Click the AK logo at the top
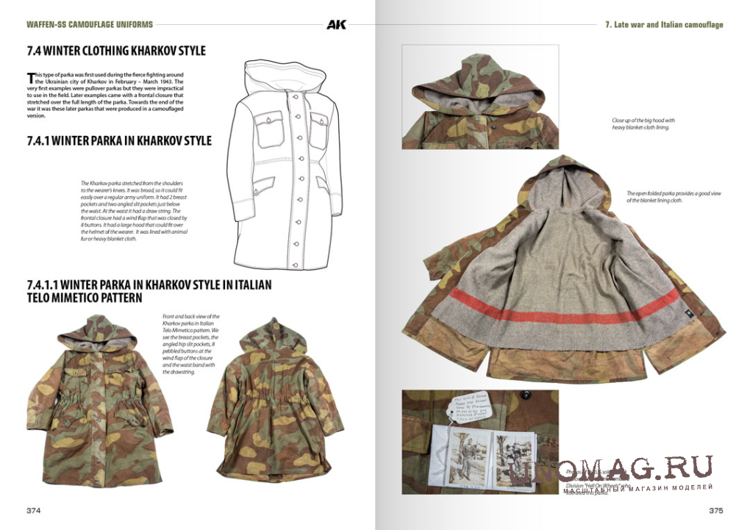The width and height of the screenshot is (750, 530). (x=336, y=24)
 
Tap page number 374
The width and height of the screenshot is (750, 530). (x=34, y=510)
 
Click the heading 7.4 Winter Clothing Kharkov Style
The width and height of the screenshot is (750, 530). (x=116, y=51)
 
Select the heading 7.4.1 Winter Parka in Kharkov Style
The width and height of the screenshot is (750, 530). (x=119, y=140)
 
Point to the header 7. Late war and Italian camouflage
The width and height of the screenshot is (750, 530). (x=663, y=24)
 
